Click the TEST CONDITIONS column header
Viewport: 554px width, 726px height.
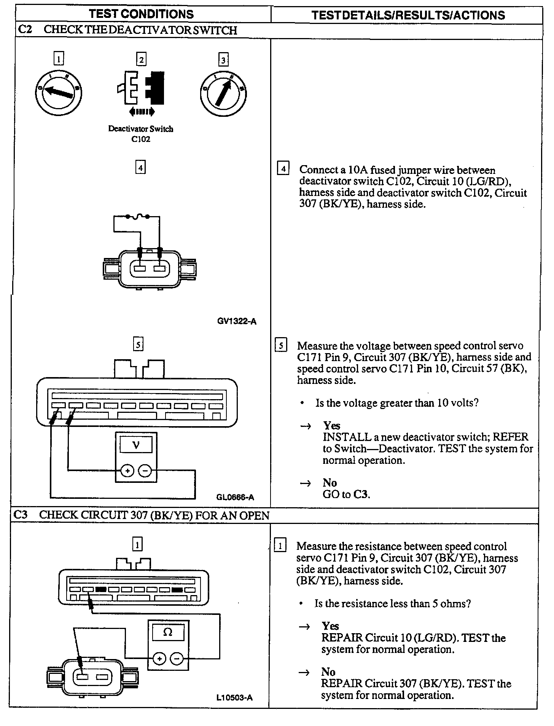(141, 14)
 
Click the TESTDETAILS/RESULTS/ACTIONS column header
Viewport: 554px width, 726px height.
(408, 15)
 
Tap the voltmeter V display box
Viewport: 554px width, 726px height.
(136, 444)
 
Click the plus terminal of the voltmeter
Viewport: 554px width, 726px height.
(127, 471)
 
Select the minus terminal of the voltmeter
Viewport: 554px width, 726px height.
(145, 471)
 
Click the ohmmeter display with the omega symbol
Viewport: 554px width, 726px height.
(168, 632)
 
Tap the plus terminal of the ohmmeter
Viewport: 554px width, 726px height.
(159, 658)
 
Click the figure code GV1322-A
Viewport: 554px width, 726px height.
(237, 322)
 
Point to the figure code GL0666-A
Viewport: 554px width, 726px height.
(235, 497)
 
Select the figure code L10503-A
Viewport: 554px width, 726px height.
(234, 697)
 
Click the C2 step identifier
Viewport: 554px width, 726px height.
(25, 30)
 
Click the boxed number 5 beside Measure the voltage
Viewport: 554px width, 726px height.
(281, 346)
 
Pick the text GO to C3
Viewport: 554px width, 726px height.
(346, 494)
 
